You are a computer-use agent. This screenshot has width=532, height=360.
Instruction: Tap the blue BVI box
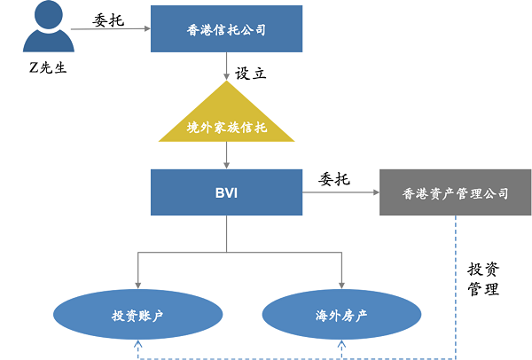pyautogui.click(x=227, y=192)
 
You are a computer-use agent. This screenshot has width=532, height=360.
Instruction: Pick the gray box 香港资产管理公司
pyautogui.click(x=456, y=192)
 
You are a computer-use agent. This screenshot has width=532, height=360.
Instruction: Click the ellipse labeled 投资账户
pyautogui.click(x=137, y=315)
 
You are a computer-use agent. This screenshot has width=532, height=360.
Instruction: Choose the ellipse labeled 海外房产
pyautogui.click(x=341, y=315)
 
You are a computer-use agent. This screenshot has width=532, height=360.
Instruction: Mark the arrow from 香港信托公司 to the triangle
pyautogui.click(x=227, y=67)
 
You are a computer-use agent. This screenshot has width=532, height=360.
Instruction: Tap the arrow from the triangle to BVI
pyautogui.click(x=227, y=155)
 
